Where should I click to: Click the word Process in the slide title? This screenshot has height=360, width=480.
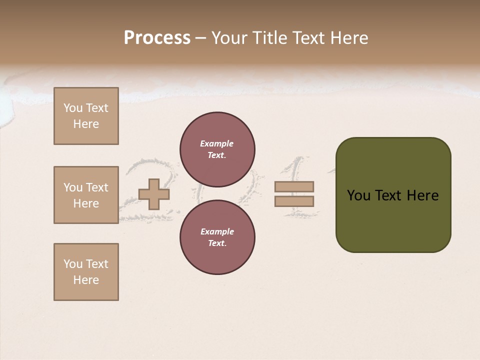157,38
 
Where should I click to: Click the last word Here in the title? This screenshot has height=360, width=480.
348,38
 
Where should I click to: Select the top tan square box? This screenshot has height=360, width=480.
86,116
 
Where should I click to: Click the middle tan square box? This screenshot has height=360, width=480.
86,195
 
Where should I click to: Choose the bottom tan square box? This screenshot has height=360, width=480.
86,272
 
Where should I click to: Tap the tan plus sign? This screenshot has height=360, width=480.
154,194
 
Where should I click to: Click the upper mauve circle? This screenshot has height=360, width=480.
217,149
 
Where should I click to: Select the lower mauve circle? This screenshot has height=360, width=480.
217,237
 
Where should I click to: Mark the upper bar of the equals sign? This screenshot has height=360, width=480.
294,186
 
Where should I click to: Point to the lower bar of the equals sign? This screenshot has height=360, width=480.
294,201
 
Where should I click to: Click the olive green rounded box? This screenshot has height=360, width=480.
393,195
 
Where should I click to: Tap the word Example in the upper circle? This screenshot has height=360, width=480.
217,143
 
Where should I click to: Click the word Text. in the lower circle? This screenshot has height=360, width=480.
217,243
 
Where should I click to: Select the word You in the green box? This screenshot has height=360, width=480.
359,195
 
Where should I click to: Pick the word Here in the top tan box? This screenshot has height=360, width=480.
86,124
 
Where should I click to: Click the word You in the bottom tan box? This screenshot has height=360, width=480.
73,264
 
